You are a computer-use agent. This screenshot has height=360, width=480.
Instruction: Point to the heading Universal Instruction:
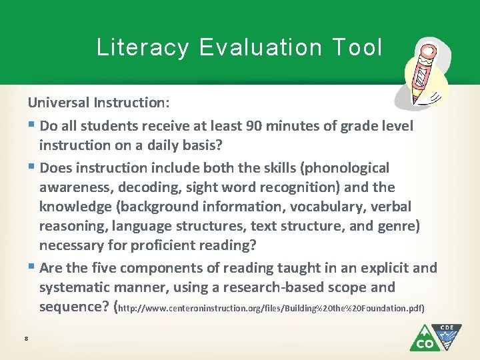click(99, 104)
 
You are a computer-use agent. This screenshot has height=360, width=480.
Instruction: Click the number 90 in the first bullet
click(255, 125)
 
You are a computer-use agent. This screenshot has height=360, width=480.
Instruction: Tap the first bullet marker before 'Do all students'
click(31, 126)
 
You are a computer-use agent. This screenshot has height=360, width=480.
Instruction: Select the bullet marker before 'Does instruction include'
click(31, 168)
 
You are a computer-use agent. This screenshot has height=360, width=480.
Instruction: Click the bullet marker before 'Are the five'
click(31, 268)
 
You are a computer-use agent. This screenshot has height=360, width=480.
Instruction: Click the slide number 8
click(25, 339)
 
